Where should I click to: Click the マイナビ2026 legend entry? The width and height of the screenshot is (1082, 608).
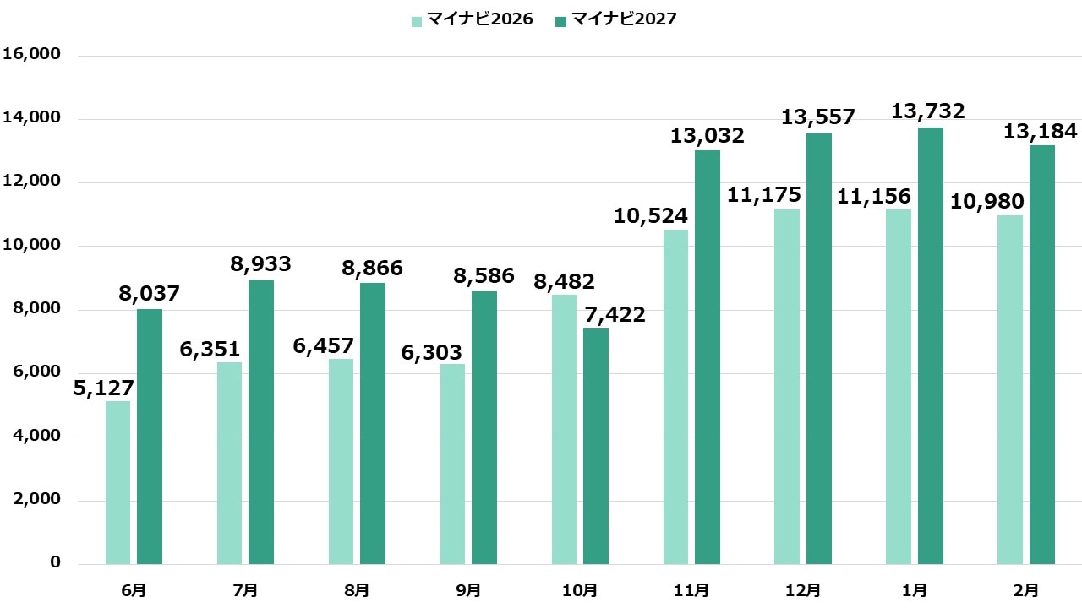(473, 19)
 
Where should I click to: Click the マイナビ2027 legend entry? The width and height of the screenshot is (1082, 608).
(616, 19)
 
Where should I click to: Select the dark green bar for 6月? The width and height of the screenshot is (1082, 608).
(150, 437)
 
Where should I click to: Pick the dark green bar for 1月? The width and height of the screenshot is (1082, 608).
(931, 345)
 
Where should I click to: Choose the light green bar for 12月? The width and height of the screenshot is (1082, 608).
(787, 387)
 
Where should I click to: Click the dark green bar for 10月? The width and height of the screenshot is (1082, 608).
(596, 446)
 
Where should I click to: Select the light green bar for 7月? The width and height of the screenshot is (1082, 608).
(229, 463)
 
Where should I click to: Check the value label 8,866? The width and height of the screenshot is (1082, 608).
(372, 269)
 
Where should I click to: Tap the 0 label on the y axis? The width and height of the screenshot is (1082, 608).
(55, 563)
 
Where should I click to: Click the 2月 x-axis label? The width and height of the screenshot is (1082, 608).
(1026, 589)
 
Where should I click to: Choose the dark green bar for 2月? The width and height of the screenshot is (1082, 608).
(1042, 355)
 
